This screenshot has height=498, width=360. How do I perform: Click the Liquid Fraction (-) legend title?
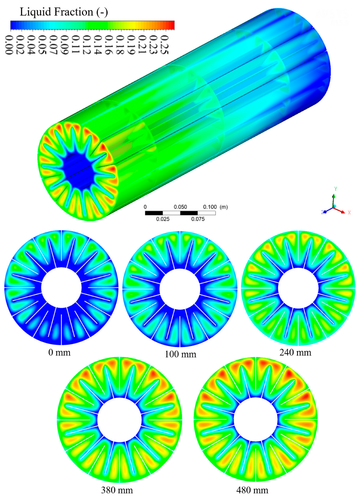pos(64,12)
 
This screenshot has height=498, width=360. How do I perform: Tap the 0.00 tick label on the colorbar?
pos(9,45)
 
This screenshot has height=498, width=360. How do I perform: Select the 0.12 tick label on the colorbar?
pos(87,45)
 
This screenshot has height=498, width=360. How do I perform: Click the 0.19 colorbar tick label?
pos(131,45)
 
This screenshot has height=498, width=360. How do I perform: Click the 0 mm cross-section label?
pos(59,352)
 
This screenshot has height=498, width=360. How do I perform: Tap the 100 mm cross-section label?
pos(181,354)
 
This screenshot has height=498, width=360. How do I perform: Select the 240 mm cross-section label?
pos(295,352)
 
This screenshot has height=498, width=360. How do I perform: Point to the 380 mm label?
pos(117,490)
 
